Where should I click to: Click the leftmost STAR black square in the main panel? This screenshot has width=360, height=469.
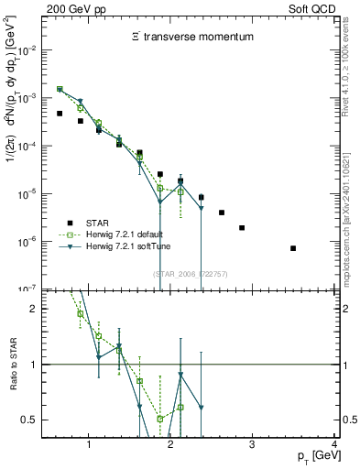(60, 114)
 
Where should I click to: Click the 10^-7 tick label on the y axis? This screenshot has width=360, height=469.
(27, 289)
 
